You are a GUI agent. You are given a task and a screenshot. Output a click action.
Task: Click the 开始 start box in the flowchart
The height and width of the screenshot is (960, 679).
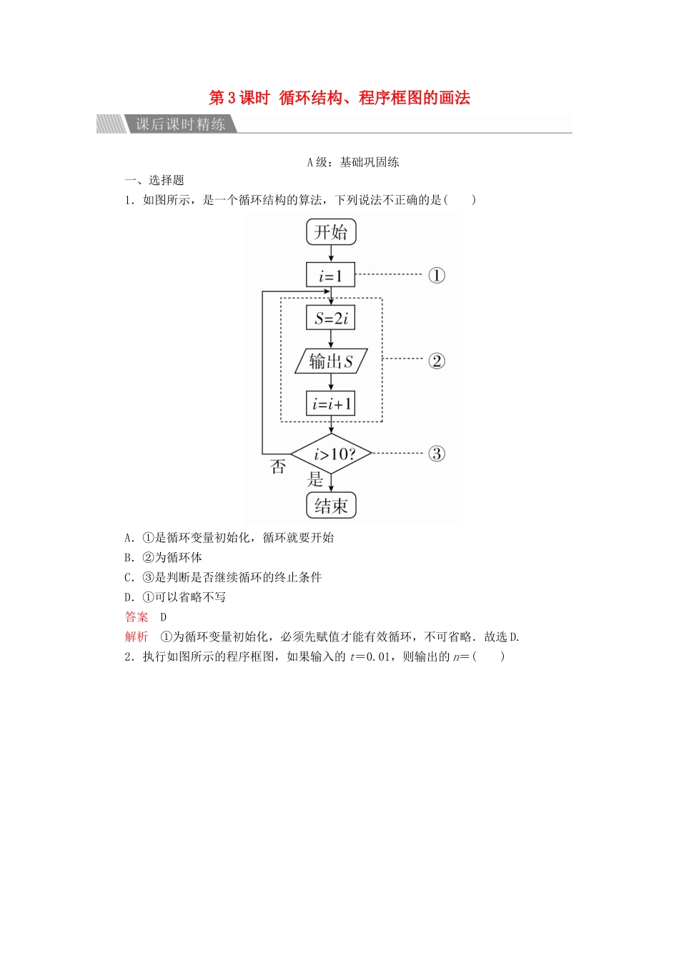tap(331, 231)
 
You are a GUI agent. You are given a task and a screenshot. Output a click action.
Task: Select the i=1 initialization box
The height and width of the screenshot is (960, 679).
tap(331, 276)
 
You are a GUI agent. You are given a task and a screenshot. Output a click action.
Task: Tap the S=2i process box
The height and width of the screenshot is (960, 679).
tap(331, 318)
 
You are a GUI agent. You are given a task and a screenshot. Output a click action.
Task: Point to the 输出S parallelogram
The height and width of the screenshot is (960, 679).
tap(331, 361)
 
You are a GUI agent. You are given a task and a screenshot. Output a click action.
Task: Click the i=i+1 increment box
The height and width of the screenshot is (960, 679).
tap(331, 404)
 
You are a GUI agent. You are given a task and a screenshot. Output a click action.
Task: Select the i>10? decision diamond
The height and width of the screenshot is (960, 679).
tap(332, 454)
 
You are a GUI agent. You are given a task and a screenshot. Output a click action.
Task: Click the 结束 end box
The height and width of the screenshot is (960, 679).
tap(331, 506)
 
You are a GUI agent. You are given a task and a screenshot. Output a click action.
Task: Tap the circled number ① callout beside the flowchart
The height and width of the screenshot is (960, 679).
tap(437, 276)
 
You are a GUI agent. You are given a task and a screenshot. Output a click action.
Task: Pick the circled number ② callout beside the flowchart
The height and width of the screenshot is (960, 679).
tap(437, 361)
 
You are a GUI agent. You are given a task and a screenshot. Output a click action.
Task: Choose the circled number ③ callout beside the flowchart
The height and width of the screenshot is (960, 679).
tap(437, 454)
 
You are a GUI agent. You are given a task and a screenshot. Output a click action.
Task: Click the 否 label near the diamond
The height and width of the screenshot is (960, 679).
tap(278, 467)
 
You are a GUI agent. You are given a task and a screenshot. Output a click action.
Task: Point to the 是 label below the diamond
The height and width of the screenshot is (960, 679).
tap(315, 480)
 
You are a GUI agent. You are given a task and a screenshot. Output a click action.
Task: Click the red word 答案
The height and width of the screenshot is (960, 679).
tap(137, 617)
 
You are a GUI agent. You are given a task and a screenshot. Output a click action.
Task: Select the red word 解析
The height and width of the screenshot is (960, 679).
tap(137, 637)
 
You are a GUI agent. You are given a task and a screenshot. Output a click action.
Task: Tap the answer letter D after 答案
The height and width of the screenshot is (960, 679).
tap(164, 617)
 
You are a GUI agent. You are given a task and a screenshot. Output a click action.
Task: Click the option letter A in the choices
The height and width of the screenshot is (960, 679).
tap(129, 538)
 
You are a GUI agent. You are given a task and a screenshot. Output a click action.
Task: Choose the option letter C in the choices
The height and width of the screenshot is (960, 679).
tap(129, 578)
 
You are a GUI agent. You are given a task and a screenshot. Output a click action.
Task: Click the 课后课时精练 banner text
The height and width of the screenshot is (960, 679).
tap(181, 124)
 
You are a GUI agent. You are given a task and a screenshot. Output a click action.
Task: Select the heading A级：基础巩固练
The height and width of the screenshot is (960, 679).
tap(353, 162)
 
